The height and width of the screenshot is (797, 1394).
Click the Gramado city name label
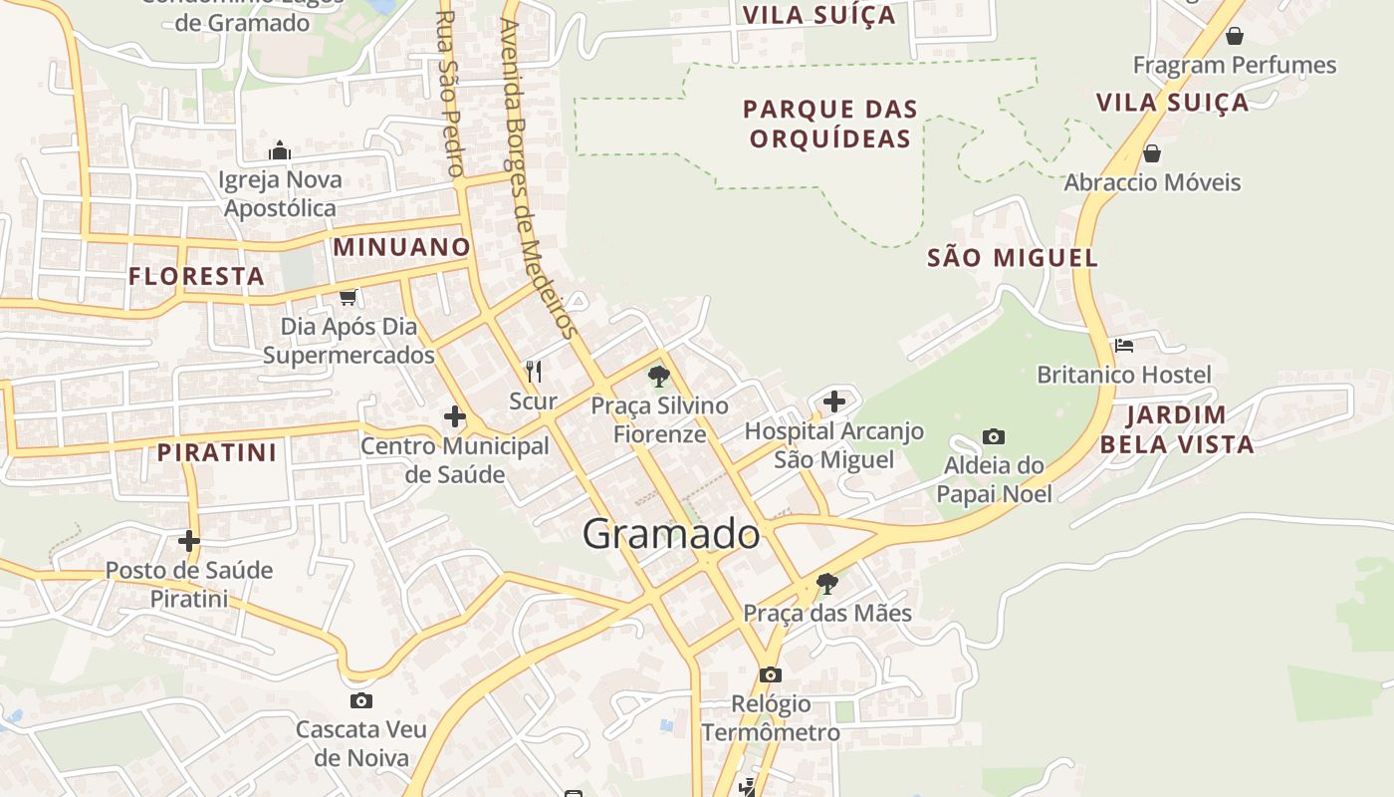[671, 535]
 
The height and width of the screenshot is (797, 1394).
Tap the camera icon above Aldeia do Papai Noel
[993, 436]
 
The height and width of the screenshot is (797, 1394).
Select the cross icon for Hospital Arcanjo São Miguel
[834, 401]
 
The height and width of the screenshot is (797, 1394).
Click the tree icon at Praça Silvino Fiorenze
[658, 377]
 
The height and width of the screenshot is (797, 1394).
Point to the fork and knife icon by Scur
[534, 372]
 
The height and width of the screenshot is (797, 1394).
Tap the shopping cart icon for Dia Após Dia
[348, 297]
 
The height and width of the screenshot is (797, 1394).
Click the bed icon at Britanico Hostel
[1124, 346]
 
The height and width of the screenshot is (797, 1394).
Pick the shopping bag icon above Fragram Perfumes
[1235, 37]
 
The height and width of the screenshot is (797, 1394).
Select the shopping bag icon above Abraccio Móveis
[1152, 153]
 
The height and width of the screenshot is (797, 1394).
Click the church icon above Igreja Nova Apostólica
[280, 150]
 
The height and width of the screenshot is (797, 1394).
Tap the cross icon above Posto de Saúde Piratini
[189, 541]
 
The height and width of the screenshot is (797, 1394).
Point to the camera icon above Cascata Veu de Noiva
[361, 700]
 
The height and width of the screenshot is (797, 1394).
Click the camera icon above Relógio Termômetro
[771, 674]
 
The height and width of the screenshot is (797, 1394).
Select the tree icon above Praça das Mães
[826, 583]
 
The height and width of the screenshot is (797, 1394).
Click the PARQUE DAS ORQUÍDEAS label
[830, 124]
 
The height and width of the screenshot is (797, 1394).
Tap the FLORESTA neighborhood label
[197, 276]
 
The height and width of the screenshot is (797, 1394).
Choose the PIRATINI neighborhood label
[217, 452]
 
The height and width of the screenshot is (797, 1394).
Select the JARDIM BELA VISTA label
[1177, 429]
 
